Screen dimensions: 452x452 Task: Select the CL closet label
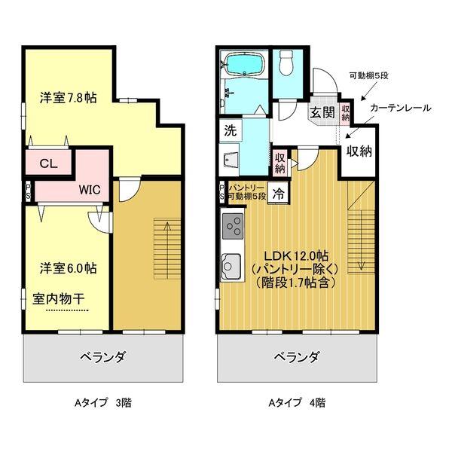pos(47,162)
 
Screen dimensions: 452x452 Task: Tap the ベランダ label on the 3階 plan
pos(102,356)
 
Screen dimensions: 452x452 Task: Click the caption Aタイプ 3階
pos(103,402)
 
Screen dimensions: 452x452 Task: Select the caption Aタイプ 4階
pos(295,402)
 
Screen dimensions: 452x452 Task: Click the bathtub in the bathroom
pos(245,66)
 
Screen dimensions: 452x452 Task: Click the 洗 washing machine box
pos(230,130)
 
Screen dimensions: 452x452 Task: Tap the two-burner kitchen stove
pos(231,226)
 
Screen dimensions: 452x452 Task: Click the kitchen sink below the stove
pos(231,266)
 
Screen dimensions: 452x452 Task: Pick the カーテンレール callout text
pos(400,108)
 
